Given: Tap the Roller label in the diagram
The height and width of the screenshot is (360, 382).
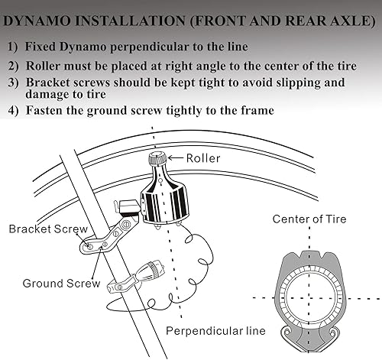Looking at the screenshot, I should [204, 158].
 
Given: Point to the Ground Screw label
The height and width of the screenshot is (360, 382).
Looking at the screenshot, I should [61, 283].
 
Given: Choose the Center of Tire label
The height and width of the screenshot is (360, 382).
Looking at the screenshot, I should [309, 219].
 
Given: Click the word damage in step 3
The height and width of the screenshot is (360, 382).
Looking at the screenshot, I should [52, 95].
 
